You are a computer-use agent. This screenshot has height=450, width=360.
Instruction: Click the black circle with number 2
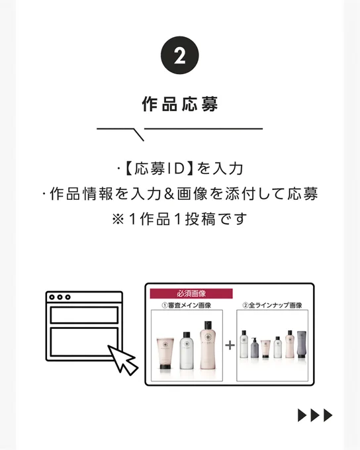(180, 56)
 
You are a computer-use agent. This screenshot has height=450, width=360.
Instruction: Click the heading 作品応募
(180, 104)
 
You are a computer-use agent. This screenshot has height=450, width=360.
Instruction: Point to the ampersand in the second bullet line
(169, 194)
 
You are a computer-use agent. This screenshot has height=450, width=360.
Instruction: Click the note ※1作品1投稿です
(179, 219)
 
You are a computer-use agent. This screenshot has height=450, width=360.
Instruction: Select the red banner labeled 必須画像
(191, 294)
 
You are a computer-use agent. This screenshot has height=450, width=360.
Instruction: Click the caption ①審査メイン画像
(187, 305)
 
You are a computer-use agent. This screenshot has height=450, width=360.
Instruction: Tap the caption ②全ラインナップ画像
(272, 305)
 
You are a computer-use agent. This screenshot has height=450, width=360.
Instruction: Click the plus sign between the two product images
(230, 345)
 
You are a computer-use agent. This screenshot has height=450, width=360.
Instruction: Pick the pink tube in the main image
(165, 353)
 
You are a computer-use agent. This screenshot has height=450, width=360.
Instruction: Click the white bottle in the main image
(187, 350)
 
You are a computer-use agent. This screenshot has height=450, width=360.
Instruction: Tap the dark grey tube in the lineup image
(302, 344)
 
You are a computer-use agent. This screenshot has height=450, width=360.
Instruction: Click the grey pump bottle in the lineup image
(255, 347)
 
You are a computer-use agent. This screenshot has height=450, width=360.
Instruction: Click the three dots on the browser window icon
(60, 297)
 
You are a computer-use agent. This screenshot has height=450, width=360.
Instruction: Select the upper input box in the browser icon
(84, 315)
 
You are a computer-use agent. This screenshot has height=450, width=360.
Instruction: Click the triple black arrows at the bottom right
(315, 416)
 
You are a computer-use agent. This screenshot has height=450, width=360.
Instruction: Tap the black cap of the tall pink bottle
(208, 326)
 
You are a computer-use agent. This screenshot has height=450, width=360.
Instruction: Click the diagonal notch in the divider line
(139, 134)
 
